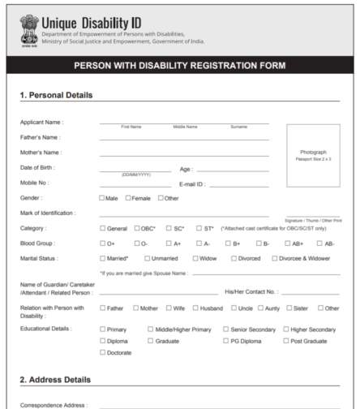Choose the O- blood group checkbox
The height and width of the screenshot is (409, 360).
pos(138,243)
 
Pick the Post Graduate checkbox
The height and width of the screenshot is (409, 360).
pos(285,341)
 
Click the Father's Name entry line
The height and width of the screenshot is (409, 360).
pos(184,139)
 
